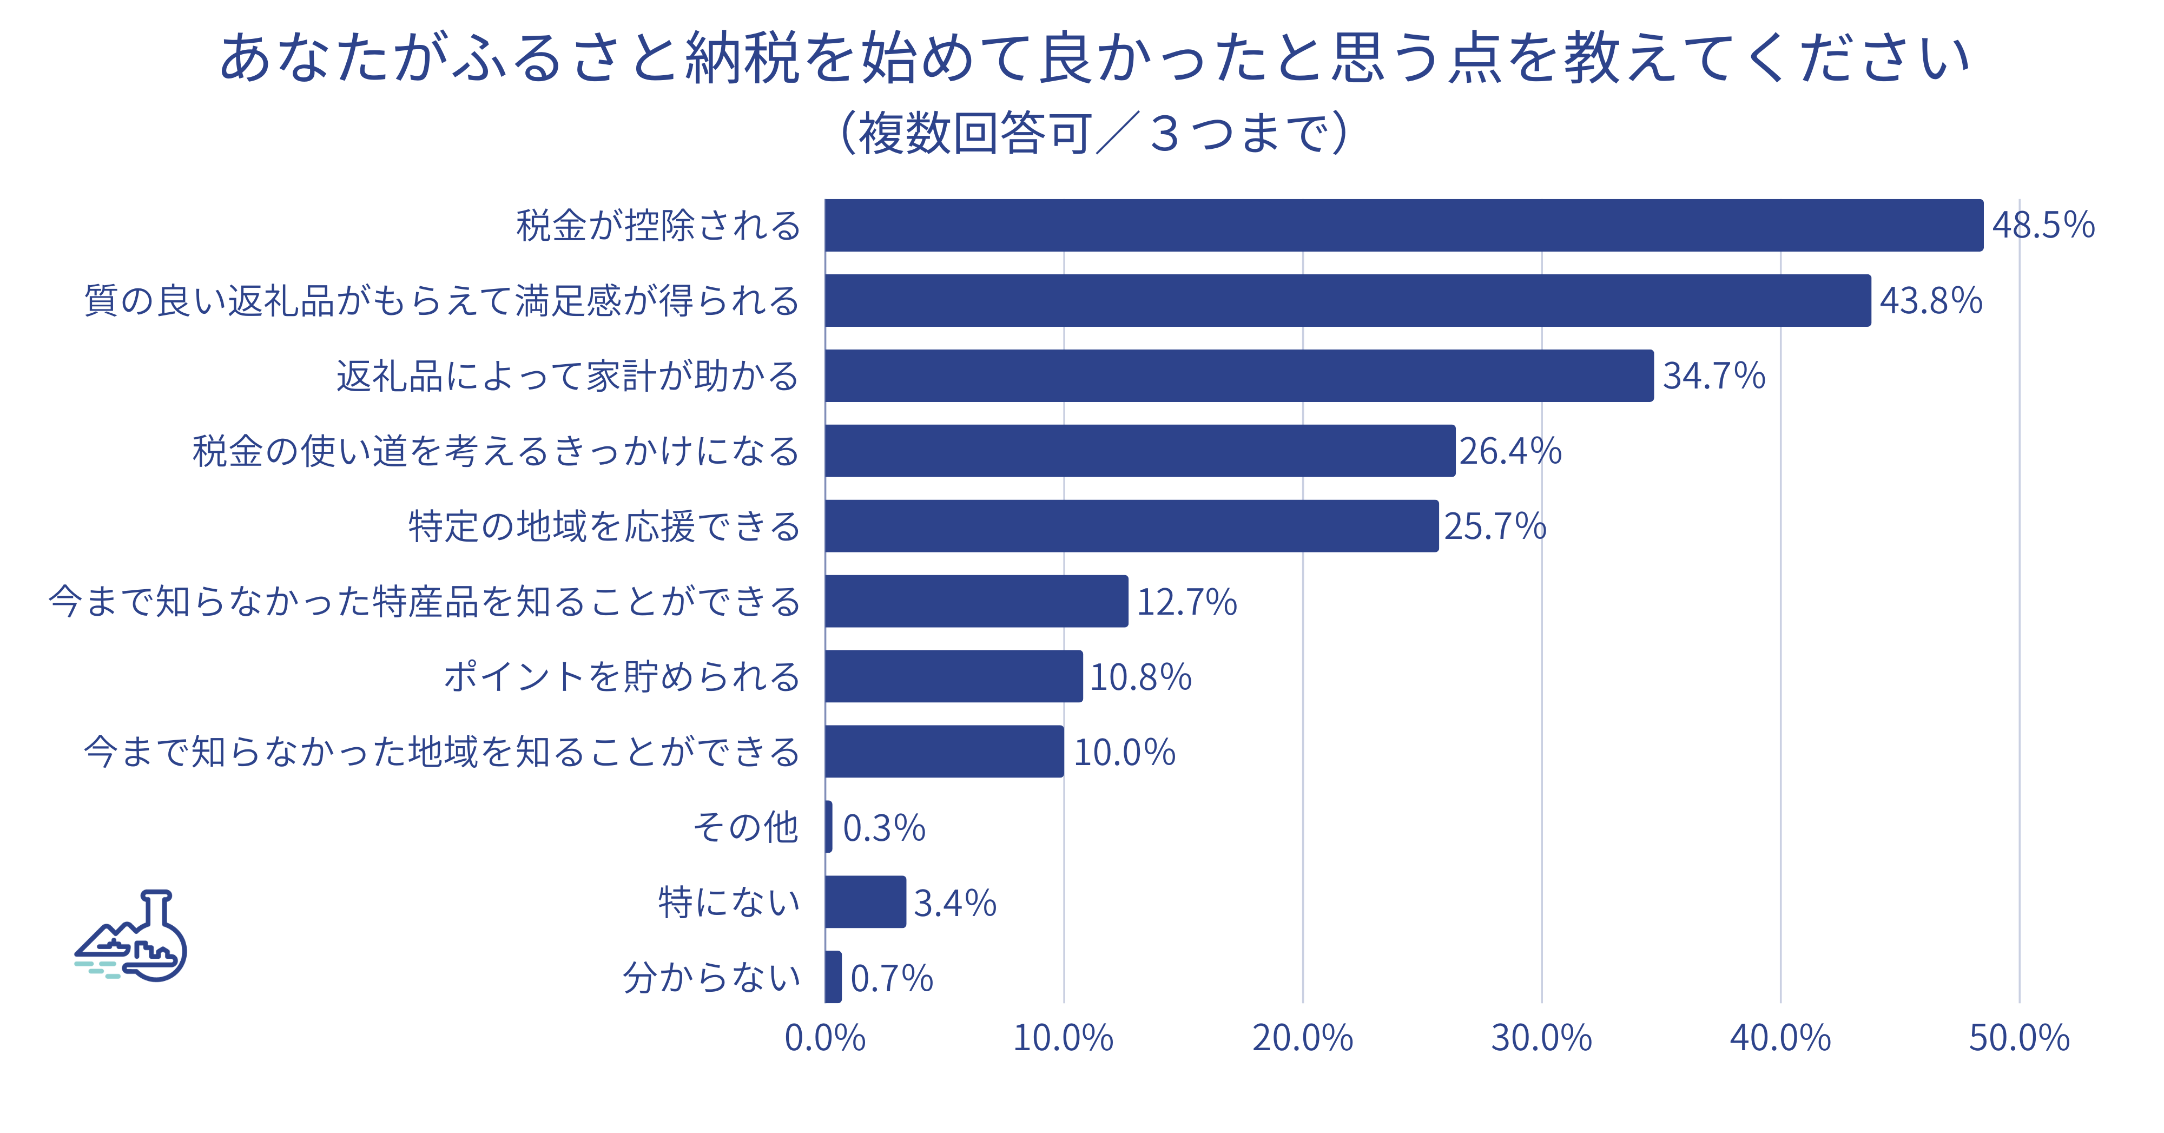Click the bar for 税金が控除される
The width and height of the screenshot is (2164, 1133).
(1403, 225)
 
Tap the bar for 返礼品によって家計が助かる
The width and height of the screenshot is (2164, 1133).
(1239, 376)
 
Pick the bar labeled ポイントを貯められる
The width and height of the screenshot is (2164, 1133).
(953, 676)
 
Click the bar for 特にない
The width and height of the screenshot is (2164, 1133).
(865, 901)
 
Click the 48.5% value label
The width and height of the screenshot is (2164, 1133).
(2043, 225)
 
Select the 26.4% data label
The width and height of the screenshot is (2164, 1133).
(1509, 451)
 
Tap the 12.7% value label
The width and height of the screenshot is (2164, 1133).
(1186, 601)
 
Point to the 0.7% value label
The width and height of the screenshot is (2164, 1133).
(892, 978)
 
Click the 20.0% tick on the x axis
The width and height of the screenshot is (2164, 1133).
(1302, 1038)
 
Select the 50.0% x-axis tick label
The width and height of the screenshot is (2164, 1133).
(2018, 1038)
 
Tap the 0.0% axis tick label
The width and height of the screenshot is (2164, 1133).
(825, 1038)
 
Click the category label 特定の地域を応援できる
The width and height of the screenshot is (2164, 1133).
(604, 526)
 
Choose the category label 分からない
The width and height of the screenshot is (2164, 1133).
(711, 978)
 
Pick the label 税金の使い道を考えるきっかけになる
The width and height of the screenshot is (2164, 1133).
(496, 451)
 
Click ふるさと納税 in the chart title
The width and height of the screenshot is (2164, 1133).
(626, 59)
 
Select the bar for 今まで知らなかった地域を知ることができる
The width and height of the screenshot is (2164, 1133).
(944, 752)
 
